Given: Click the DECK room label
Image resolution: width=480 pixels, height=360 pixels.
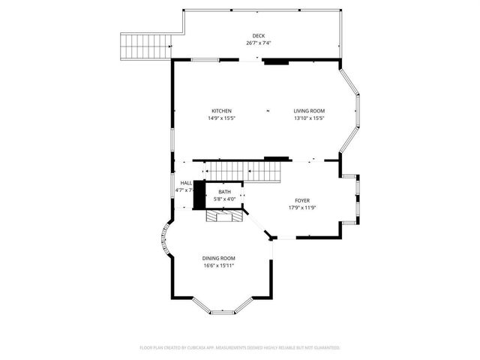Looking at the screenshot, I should (258, 36).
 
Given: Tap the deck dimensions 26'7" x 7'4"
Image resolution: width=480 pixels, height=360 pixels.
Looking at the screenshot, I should (258, 43).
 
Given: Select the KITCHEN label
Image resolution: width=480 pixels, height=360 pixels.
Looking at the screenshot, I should (220, 111).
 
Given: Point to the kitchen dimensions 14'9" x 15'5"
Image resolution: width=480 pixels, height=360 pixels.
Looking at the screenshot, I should (220, 118).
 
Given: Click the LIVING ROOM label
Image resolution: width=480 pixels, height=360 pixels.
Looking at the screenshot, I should (309, 111).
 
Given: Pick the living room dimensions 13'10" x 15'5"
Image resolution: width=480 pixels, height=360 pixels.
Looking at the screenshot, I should (309, 118).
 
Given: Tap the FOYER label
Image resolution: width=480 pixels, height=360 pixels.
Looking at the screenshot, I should (301, 200).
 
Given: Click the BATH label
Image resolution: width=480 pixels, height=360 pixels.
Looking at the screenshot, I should (225, 192).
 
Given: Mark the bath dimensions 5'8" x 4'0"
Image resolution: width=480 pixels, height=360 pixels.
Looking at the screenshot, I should (225, 199).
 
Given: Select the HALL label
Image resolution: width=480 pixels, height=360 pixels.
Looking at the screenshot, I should (185, 183).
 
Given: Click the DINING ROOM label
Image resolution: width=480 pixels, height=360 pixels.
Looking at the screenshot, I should (219, 258).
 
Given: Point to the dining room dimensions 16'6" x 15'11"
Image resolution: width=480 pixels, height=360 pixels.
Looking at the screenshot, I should (219, 265).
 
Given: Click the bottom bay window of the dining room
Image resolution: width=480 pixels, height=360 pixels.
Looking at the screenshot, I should (226, 310).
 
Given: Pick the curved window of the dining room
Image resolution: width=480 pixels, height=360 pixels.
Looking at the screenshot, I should (164, 241).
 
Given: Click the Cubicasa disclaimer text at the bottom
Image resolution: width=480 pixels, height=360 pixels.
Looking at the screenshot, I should (240, 348).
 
